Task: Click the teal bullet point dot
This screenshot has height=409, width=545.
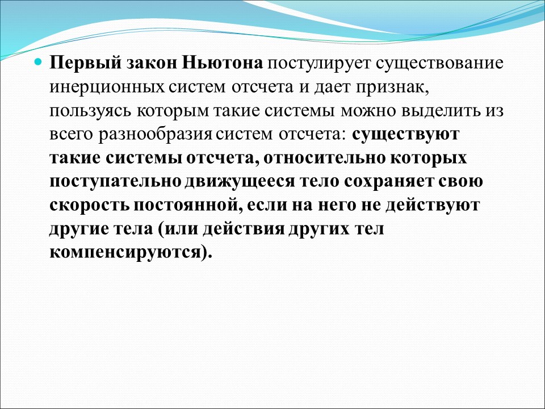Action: (39, 61)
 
